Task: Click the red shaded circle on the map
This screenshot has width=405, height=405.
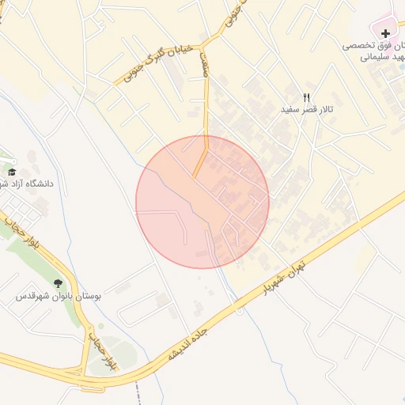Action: click(202, 202)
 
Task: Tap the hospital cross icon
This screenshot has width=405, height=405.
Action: click(385, 33)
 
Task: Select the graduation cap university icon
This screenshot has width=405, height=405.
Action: click(12, 172)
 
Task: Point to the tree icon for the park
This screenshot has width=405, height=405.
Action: click(59, 283)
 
